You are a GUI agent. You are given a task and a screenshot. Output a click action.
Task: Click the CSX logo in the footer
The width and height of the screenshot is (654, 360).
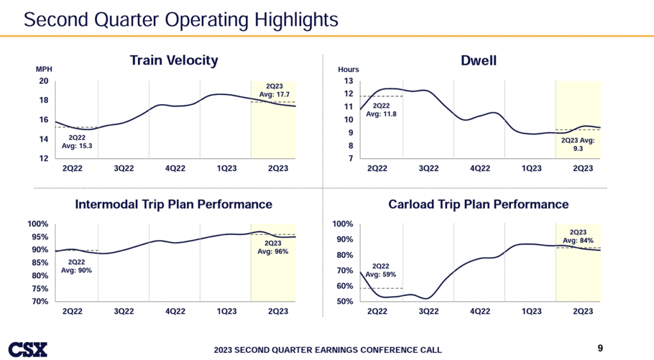tap(27, 349)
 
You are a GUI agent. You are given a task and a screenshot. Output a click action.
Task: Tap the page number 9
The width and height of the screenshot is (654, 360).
tap(600, 348)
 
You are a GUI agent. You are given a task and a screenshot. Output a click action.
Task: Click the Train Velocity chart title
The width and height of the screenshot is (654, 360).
tap(174, 61)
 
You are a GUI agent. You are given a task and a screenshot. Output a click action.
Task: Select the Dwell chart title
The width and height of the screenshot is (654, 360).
tap(478, 61)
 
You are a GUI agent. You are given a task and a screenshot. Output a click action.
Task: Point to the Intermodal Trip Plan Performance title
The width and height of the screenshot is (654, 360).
tap(174, 205)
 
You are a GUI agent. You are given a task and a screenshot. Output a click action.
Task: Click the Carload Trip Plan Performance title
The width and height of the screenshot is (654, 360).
tap(478, 205)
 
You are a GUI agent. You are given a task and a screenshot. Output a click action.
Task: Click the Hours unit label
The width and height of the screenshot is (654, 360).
tap(348, 70)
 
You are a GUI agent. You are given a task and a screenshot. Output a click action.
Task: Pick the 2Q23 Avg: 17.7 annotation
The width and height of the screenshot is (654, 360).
tap(274, 91)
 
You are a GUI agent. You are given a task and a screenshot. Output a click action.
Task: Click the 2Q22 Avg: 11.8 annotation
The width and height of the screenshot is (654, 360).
tap(381, 110)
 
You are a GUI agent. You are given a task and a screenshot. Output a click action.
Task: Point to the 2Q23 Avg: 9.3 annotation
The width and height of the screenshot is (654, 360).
tap(579, 144)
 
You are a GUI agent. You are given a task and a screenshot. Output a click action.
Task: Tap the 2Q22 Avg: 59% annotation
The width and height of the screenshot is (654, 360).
tap(381, 270)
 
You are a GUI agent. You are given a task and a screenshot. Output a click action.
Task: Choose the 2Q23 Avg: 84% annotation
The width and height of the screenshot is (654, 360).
tap(578, 236)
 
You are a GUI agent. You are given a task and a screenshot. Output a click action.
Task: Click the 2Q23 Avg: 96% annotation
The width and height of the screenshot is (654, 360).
tap(273, 247)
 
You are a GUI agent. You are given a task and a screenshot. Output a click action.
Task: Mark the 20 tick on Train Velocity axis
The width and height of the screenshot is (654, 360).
tap(43, 81)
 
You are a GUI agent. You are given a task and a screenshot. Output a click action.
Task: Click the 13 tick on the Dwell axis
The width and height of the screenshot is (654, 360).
tap(348, 81)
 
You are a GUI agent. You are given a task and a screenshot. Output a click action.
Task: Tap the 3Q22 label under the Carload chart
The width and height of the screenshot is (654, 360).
tap(428, 311)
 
